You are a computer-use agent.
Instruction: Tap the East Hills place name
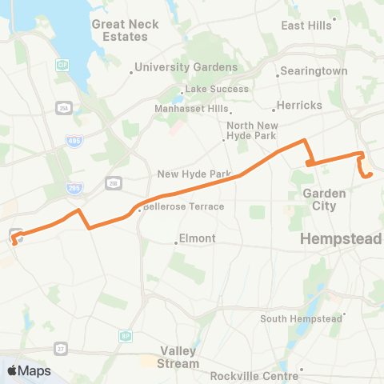click(306, 26)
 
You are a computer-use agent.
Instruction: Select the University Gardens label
click(186, 67)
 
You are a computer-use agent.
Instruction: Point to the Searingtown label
click(313, 71)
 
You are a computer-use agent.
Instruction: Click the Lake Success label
click(217, 89)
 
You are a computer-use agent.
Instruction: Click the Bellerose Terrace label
click(183, 206)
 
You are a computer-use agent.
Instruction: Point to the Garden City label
click(324, 199)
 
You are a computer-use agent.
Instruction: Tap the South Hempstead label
click(303, 318)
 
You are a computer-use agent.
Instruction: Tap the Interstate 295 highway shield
click(73, 186)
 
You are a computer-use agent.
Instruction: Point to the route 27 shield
click(61, 348)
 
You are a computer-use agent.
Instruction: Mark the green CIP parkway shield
click(62, 63)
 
